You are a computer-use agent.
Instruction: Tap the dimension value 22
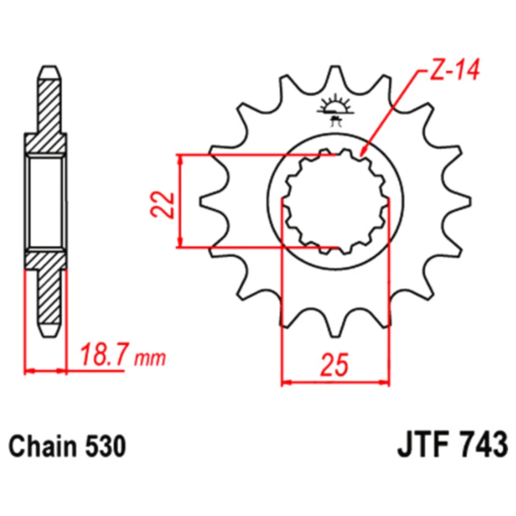163,204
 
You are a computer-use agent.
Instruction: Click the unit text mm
150,359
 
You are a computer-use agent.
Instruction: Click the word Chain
43,446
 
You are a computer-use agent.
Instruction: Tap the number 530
106,446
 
